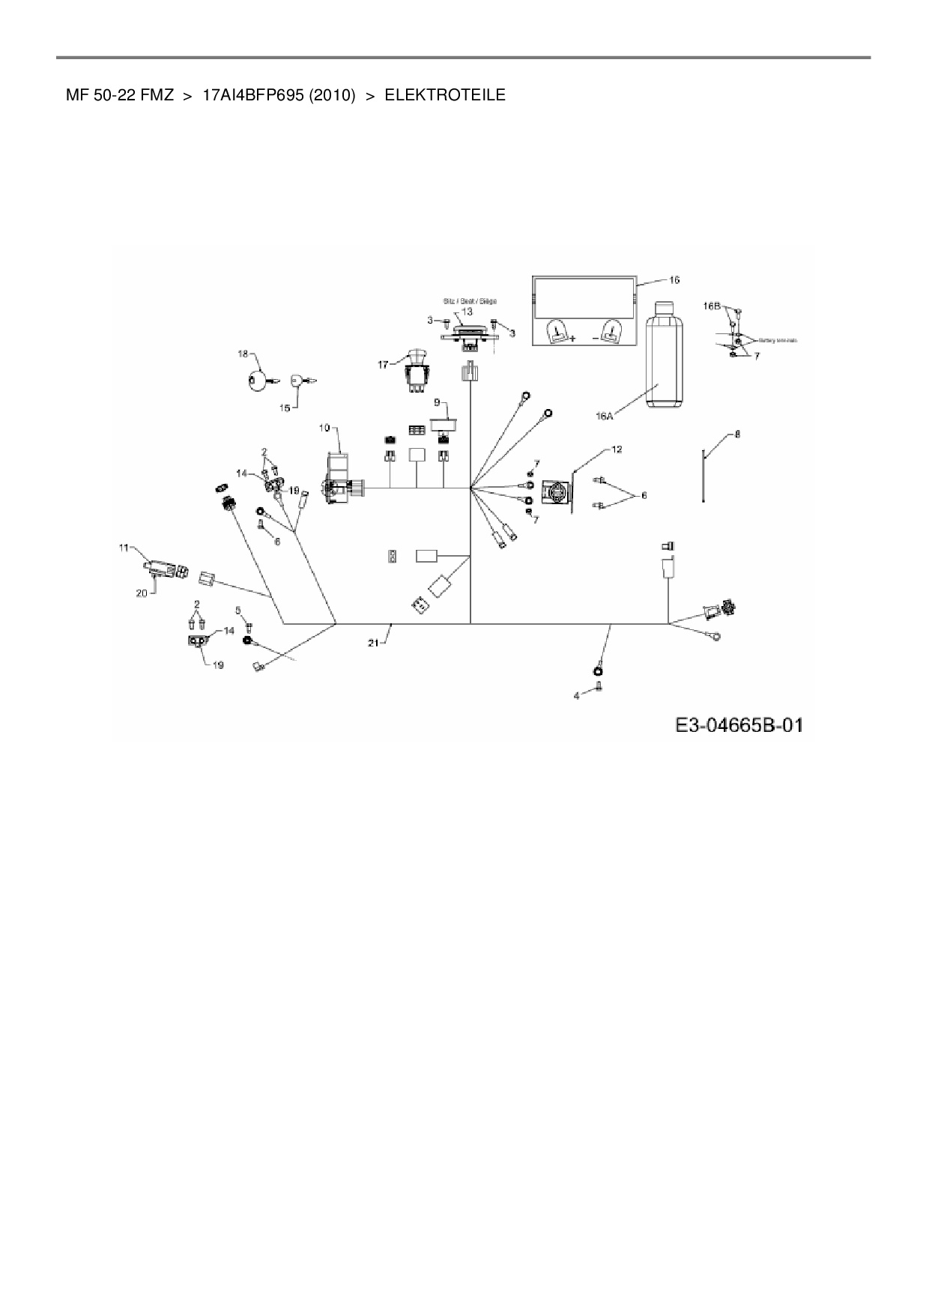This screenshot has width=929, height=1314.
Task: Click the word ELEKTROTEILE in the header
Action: pyautogui.click(x=444, y=95)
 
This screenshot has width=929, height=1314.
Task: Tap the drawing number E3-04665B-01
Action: pyautogui.click(x=739, y=725)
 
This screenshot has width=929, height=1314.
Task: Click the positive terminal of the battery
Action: pyautogui.click(x=557, y=331)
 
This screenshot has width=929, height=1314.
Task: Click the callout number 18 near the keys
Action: pyautogui.click(x=243, y=354)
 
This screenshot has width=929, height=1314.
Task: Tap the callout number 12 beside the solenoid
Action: pyautogui.click(x=617, y=449)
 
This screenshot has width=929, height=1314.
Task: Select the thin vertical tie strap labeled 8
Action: pyautogui.click(x=703, y=476)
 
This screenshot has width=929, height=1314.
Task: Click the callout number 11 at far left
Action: pyautogui.click(x=124, y=548)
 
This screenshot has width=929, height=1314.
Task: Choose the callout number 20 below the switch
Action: pyautogui.click(x=142, y=592)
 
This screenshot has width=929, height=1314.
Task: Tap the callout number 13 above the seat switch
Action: pyautogui.click(x=467, y=311)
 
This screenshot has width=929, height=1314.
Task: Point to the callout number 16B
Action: pyautogui.click(x=712, y=306)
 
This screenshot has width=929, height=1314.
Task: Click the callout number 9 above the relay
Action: pyautogui.click(x=437, y=402)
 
